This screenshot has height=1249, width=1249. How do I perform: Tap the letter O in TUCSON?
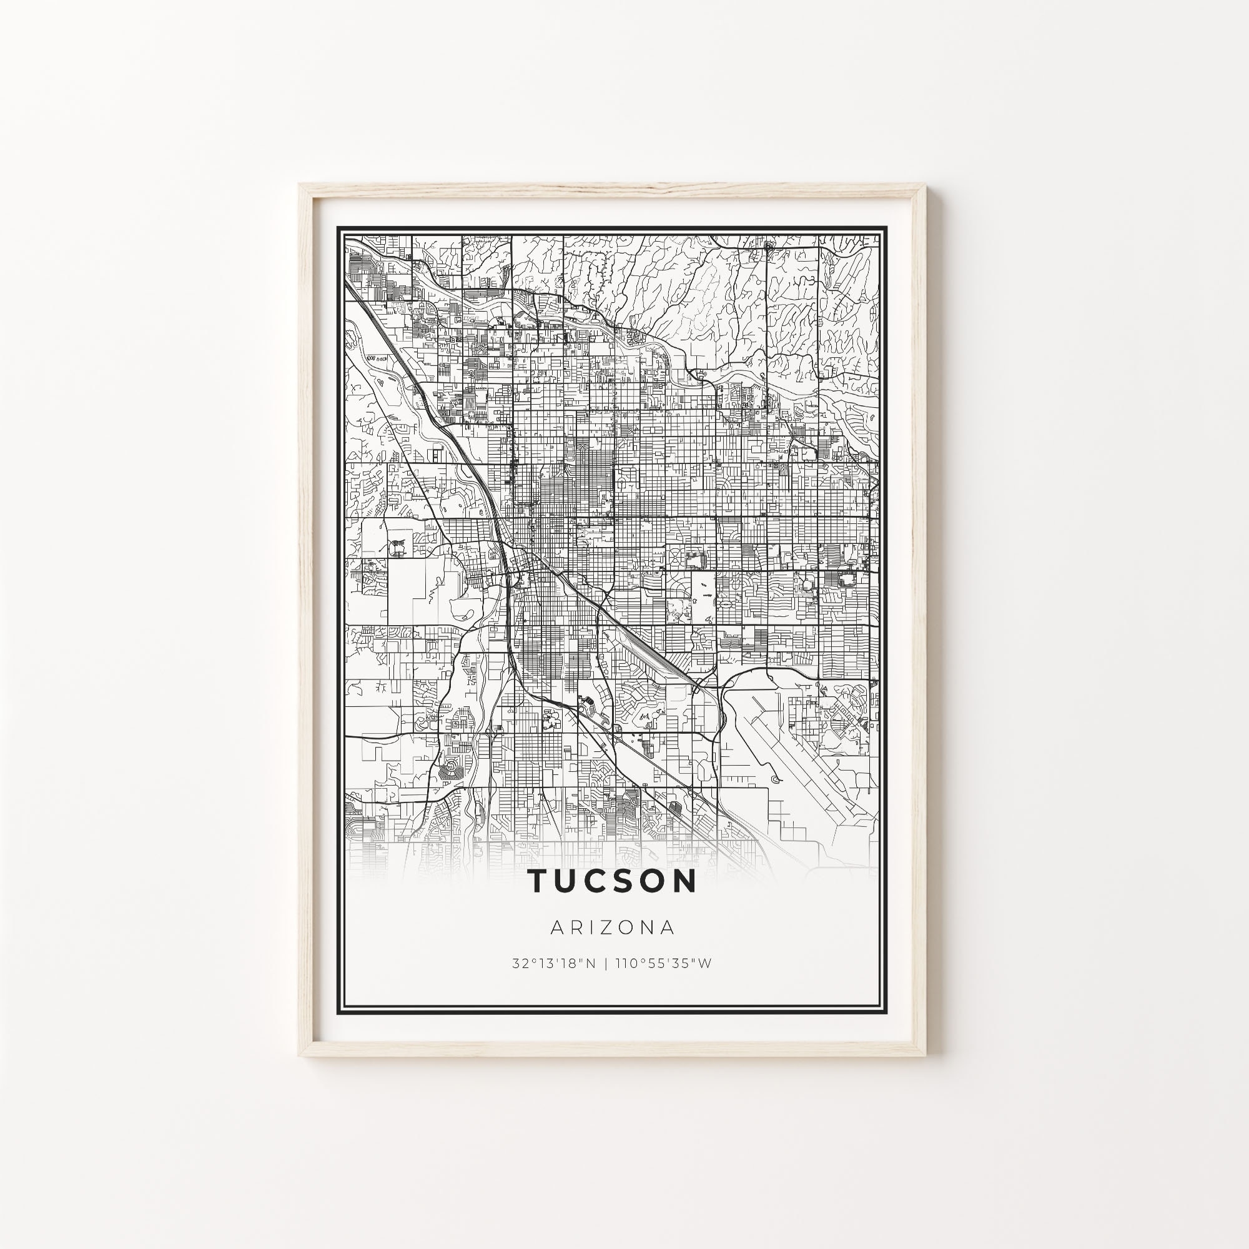tap(648, 881)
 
